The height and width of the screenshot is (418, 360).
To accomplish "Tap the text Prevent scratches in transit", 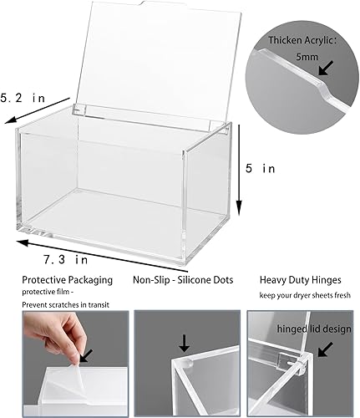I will [55, 305].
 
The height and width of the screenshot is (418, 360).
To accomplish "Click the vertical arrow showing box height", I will [240, 167].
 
